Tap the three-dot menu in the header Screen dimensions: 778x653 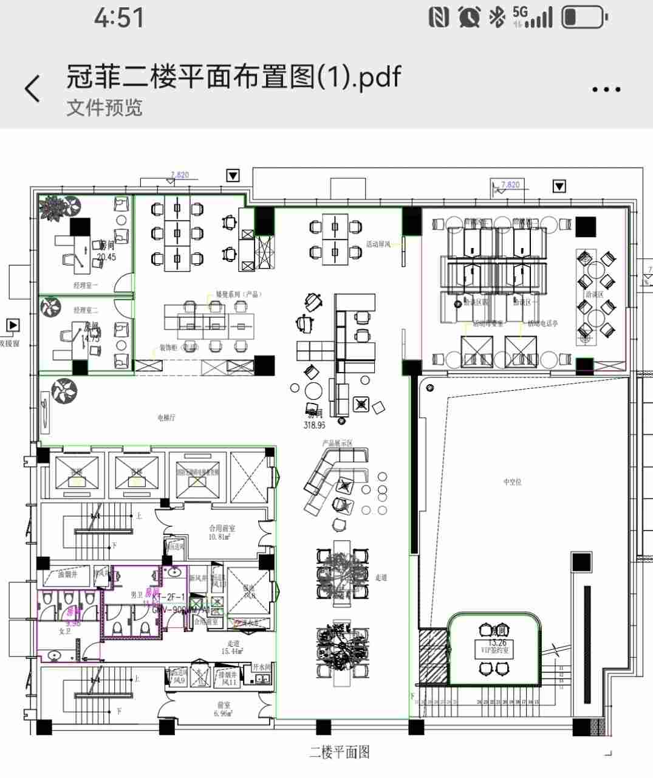click(x=606, y=89)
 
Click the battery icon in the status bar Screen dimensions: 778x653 click(x=584, y=18)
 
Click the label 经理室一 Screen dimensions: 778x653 click(x=86, y=284)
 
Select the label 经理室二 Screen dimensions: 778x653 click(x=86, y=310)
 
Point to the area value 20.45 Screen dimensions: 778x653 click(x=106, y=257)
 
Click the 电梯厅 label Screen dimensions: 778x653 click(x=166, y=418)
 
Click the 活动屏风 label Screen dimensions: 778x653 click(x=378, y=244)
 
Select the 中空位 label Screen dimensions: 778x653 click(x=512, y=482)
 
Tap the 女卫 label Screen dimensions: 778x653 click(x=64, y=632)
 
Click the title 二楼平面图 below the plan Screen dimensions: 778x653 click(x=339, y=752)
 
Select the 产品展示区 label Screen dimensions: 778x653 click(x=338, y=443)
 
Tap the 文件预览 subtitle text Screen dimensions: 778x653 click(x=104, y=108)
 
